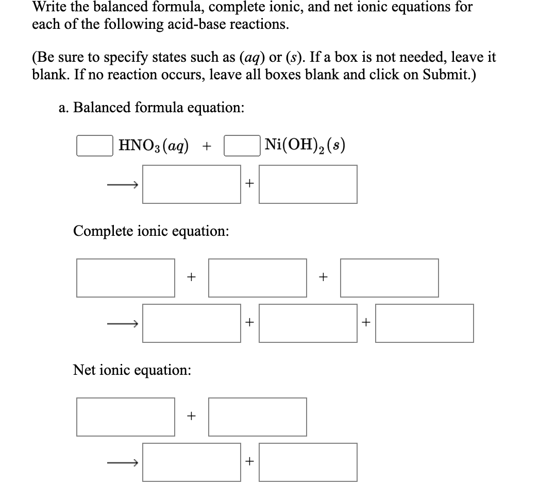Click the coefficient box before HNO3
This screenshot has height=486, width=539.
point(95,146)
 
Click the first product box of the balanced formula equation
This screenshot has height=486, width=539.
point(192,184)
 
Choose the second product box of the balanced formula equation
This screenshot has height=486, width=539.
point(308,184)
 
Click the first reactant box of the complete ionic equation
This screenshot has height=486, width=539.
point(126,277)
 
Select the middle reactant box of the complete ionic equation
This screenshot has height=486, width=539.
point(258,277)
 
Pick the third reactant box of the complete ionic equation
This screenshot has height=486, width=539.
point(390,277)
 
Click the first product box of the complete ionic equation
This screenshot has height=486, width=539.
point(192,323)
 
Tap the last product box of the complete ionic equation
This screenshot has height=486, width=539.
point(424,323)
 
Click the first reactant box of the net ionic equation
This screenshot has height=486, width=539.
point(126,416)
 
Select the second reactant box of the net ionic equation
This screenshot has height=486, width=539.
point(258,416)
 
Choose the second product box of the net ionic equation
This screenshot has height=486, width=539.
point(308,462)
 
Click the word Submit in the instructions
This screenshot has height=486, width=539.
point(443,75)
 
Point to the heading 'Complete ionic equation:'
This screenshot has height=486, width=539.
point(151,231)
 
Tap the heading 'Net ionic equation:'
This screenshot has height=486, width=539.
point(132,370)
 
